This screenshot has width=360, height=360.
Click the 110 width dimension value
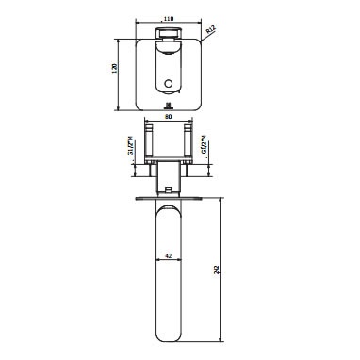pyautogui.click(x=169, y=19)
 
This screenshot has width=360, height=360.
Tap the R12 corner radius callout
pyautogui.click(x=211, y=30)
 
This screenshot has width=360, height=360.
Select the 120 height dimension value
pyautogui.click(x=114, y=68)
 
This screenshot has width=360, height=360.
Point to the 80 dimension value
pyautogui.click(x=169, y=117)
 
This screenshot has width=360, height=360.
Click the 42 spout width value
pyautogui.click(x=169, y=256)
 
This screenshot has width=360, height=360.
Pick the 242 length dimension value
pyautogui.click(x=217, y=270)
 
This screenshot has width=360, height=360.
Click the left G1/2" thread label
pyautogui.click(x=130, y=147)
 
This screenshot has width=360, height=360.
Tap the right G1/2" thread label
pyautogui.click(x=204, y=145)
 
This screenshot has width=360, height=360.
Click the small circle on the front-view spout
pyautogui.click(x=169, y=84)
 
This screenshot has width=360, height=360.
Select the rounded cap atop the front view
pyautogui.click(x=169, y=33)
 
